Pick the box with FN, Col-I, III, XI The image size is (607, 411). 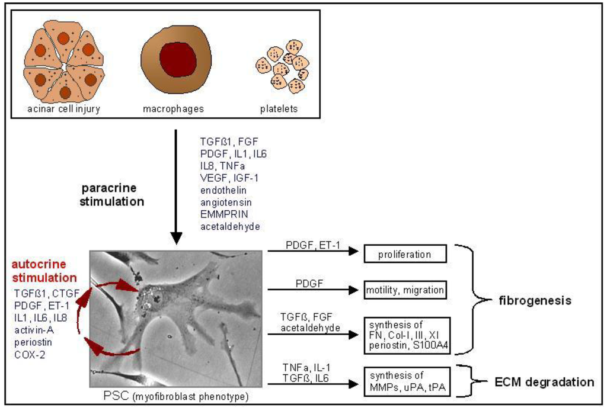[x=407, y=335]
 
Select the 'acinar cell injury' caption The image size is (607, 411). [x=63, y=109]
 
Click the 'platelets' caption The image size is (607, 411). [x=279, y=109]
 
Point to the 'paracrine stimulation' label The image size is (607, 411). [x=113, y=195]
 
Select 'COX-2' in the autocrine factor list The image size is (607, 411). [x=29, y=355]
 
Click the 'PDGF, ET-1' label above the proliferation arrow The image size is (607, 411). [x=308, y=245]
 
